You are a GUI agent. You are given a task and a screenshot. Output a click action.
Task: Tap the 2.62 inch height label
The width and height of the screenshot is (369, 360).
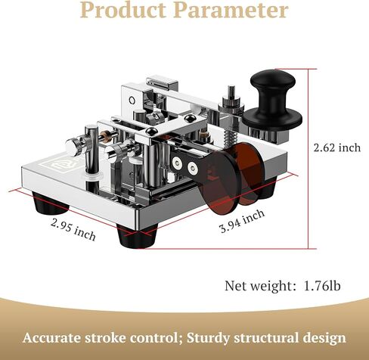[x=337, y=147]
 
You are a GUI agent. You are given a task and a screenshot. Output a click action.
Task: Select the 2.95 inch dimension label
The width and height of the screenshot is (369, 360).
[x=73, y=229]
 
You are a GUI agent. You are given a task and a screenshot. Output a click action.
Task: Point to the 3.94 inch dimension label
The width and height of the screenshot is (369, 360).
[x=242, y=221]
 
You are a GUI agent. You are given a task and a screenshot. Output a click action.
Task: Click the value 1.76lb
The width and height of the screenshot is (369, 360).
[x=322, y=286]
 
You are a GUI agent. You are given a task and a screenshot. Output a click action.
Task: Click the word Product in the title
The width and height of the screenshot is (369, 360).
[x=123, y=10]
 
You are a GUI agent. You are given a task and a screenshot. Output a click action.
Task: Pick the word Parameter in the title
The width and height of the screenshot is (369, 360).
[x=231, y=10]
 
